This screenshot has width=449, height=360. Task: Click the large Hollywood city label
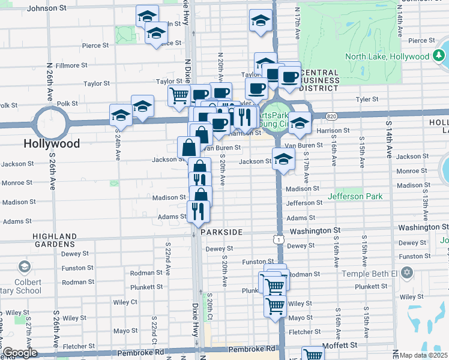click(x=52, y=144)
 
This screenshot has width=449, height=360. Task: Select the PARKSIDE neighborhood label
click(x=221, y=232)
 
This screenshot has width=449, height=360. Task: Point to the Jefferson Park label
click(x=355, y=196)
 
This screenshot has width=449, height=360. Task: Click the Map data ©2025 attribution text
click(x=424, y=355)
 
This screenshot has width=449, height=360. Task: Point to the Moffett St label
click(x=340, y=345)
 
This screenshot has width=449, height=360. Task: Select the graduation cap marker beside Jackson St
click(x=283, y=159)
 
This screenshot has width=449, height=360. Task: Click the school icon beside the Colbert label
click(x=25, y=266)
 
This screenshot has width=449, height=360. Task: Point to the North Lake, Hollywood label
click(x=387, y=56)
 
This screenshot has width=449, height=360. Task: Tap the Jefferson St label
click(x=305, y=203)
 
